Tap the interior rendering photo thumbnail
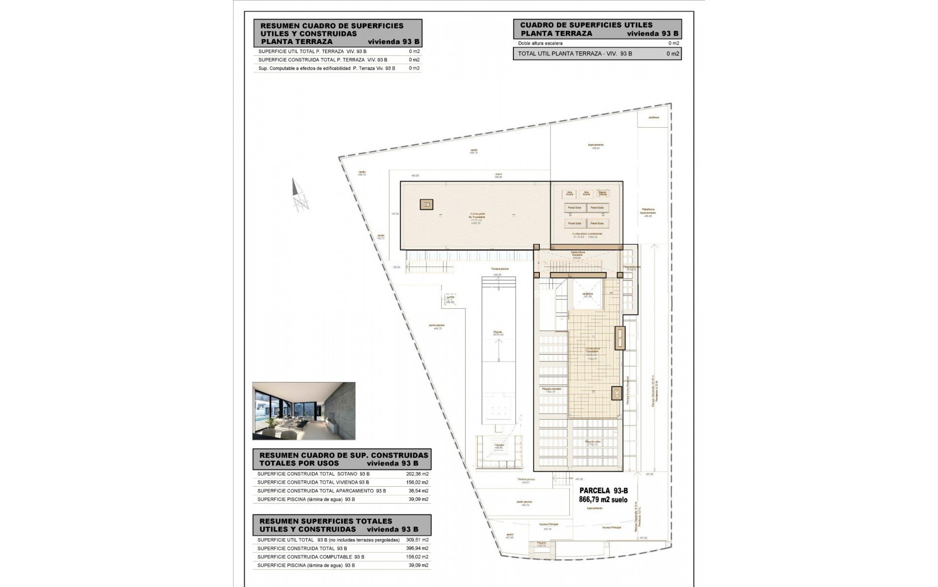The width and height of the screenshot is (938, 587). coord(304,411)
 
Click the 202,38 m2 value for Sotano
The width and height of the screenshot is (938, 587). coord(417,474)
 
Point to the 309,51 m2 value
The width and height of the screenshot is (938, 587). coord(417,540)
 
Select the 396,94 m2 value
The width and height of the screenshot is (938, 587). coord(417,548)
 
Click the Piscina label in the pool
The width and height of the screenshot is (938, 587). coord(497,332)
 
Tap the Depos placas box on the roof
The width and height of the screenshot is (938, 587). coord(602,193)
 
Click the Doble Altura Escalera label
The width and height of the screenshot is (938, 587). coord(578,254)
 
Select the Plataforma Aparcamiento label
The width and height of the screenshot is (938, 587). coord(648,211)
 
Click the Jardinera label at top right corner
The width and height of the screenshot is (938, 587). coord(653,117)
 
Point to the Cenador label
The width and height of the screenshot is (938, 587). coord(498,445)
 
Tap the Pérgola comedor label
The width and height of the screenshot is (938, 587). coord(552,389)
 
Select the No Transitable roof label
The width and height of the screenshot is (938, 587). coord(477,217)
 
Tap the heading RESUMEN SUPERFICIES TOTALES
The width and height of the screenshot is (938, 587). coord(326,521)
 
